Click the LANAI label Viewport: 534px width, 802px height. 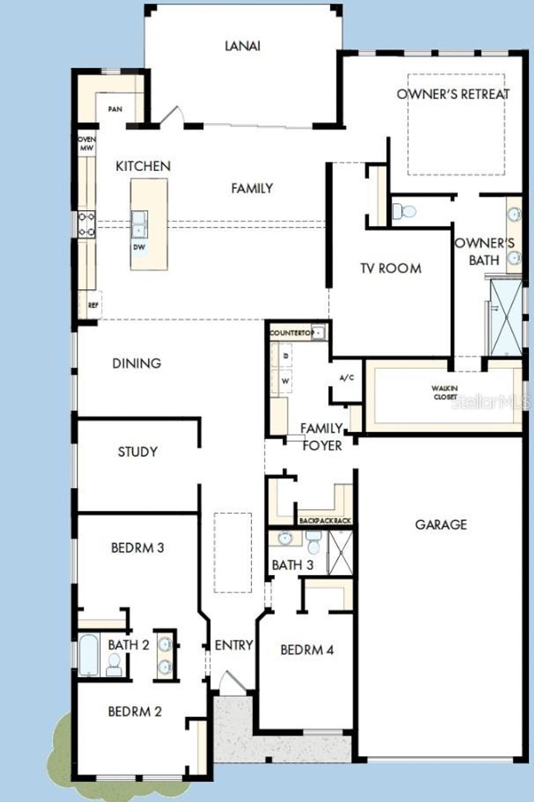(x=242, y=46)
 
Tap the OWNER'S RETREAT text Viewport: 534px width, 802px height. (x=453, y=94)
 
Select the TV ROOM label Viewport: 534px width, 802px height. (x=391, y=268)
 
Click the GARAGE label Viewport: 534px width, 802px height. (x=441, y=524)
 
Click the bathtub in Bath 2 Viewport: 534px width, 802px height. (x=89, y=655)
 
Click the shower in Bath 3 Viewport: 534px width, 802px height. (x=340, y=553)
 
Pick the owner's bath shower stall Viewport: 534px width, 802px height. (x=505, y=317)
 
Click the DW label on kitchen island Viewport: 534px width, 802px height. (x=139, y=247)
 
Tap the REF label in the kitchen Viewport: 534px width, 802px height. (x=93, y=305)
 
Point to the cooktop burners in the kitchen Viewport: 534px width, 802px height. (x=86, y=224)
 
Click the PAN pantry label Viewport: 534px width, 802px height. (x=115, y=109)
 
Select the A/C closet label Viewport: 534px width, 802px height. (x=347, y=378)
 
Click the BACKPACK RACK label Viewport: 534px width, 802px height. (x=325, y=521)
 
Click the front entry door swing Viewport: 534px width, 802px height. (x=228, y=682)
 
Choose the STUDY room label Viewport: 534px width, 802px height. (x=137, y=451)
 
